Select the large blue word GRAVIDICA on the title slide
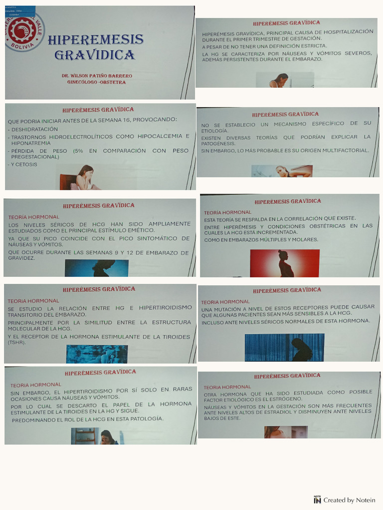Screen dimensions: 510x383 click(x=95, y=55)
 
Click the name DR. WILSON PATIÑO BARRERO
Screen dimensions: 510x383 click(x=97, y=76)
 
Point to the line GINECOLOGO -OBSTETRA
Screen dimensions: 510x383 click(x=96, y=82)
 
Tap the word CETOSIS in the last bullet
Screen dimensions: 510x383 click(x=26, y=164)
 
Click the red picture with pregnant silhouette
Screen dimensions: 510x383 click(x=284, y=263)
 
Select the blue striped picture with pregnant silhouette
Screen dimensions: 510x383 click(x=284, y=347)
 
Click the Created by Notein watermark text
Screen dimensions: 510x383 click(x=349, y=500)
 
